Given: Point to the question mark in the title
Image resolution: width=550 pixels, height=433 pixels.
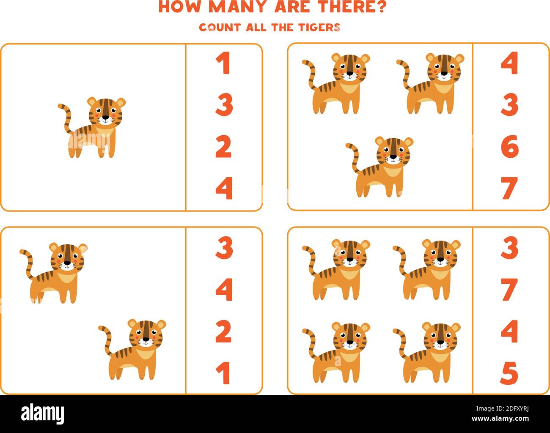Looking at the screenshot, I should tap(379, 7).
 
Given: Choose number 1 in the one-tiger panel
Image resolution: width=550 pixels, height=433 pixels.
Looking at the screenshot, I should tap(223, 63).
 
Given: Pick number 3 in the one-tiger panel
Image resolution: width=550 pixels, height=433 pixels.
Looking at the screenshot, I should tap(224, 105).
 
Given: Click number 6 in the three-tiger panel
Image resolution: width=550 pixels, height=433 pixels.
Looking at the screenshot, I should tap(509, 146).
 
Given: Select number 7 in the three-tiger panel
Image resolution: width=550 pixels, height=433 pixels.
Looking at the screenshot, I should tap(509, 188).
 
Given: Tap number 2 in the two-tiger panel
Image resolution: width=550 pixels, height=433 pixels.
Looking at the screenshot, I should tap(224, 332).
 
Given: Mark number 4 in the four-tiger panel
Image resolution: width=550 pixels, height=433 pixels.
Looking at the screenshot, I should tap(509, 332).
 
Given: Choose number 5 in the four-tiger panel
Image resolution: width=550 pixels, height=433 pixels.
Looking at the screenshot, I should tap(509, 373).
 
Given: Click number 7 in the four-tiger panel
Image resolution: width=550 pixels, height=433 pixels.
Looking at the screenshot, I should tap(509, 290).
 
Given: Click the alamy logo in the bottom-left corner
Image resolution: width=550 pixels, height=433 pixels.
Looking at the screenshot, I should tap(43, 412).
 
